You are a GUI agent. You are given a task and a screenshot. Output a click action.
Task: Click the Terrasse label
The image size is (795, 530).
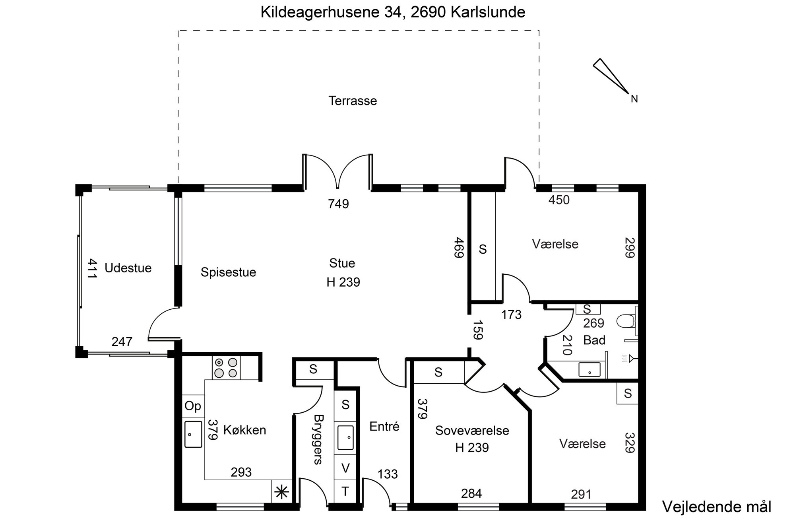click(x=353, y=101)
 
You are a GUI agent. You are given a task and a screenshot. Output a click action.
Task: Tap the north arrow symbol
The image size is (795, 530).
click(x=610, y=76)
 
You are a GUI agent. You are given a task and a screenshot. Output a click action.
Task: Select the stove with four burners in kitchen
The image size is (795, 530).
click(x=226, y=368)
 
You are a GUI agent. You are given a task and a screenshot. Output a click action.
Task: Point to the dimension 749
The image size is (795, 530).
click(x=338, y=204)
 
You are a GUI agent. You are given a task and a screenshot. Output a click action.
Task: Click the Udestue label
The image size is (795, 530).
click(x=128, y=268)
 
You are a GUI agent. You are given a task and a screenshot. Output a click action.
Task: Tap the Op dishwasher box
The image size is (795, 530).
click(x=193, y=406)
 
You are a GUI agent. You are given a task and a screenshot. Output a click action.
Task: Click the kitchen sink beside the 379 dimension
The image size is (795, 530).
click(x=193, y=434)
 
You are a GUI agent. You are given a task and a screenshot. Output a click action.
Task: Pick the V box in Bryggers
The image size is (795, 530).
click(x=345, y=468)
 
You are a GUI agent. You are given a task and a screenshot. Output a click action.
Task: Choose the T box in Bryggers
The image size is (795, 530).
click(x=345, y=492)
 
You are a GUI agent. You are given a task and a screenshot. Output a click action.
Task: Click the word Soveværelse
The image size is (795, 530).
click(x=472, y=431)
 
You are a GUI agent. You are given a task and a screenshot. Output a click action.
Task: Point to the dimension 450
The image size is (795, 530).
click(x=559, y=200)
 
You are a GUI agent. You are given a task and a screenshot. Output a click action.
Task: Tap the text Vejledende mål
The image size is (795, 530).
click(x=717, y=507)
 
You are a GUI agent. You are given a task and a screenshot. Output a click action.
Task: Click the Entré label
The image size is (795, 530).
click(x=384, y=427)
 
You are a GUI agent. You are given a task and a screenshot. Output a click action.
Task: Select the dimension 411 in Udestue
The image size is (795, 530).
click(x=92, y=268)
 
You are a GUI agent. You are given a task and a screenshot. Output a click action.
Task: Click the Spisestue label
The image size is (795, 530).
click(x=228, y=272)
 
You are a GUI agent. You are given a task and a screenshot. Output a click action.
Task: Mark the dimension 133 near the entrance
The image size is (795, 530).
click(x=388, y=474)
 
